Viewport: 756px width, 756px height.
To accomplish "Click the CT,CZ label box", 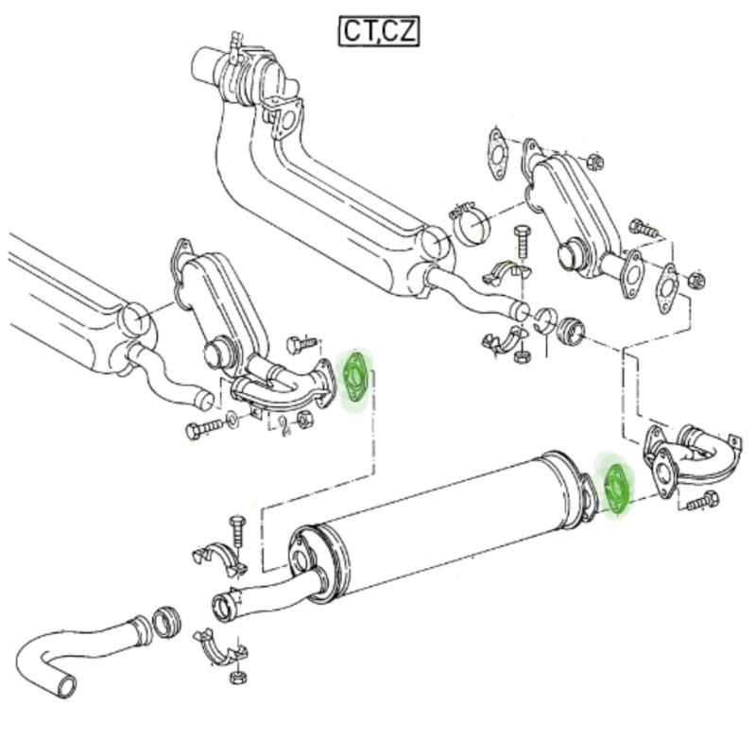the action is click(x=379, y=31).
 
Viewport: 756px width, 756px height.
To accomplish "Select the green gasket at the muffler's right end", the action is click(x=616, y=488).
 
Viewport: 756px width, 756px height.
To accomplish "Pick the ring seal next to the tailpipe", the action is click(x=167, y=623).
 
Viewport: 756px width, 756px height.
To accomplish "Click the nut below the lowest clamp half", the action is click(x=238, y=678).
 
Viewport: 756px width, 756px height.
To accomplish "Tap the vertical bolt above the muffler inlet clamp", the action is click(x=238, y=530).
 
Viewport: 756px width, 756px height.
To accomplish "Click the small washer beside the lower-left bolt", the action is click(x=232, y=420).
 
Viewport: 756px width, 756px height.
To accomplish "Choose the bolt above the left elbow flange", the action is click(x=301, y=344).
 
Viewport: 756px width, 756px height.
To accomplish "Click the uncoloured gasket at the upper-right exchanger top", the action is click(x=498, y=153).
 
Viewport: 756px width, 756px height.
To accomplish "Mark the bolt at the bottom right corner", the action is click(x=702, y=501).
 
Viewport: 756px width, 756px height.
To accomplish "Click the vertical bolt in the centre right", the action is click(x=522, y=241).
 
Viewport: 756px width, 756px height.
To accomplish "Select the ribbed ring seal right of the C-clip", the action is click(x=571, y=331).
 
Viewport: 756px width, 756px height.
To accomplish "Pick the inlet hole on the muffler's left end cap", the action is click(x=300, y=561).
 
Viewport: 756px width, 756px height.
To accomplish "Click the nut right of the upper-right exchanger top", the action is click(x=595, y=162).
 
